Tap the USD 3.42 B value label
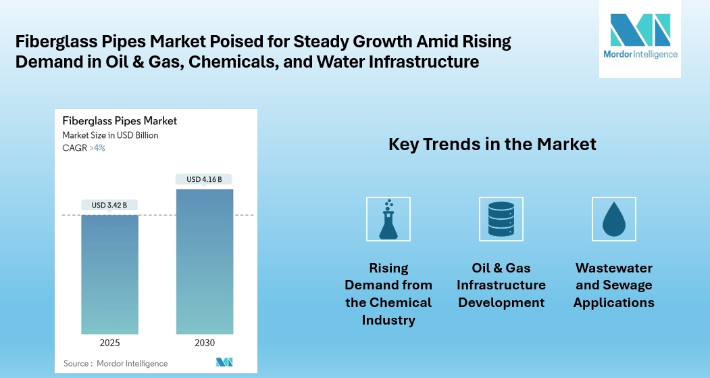(109, 205)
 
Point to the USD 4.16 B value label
(204, 179)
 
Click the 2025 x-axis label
(109, 343)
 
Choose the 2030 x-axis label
(204, 343)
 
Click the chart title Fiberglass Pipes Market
(120, 121)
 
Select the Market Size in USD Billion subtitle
(110, 135)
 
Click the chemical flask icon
(388, 219)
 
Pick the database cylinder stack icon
(501, 219)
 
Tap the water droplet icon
(613, 219)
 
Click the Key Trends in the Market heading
(492, 144)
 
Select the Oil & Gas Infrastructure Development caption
(501, 285)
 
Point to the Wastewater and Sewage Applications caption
(613, 285)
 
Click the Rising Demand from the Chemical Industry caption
(388, 293)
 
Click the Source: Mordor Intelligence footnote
(116, 363)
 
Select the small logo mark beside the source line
(224, 362)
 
